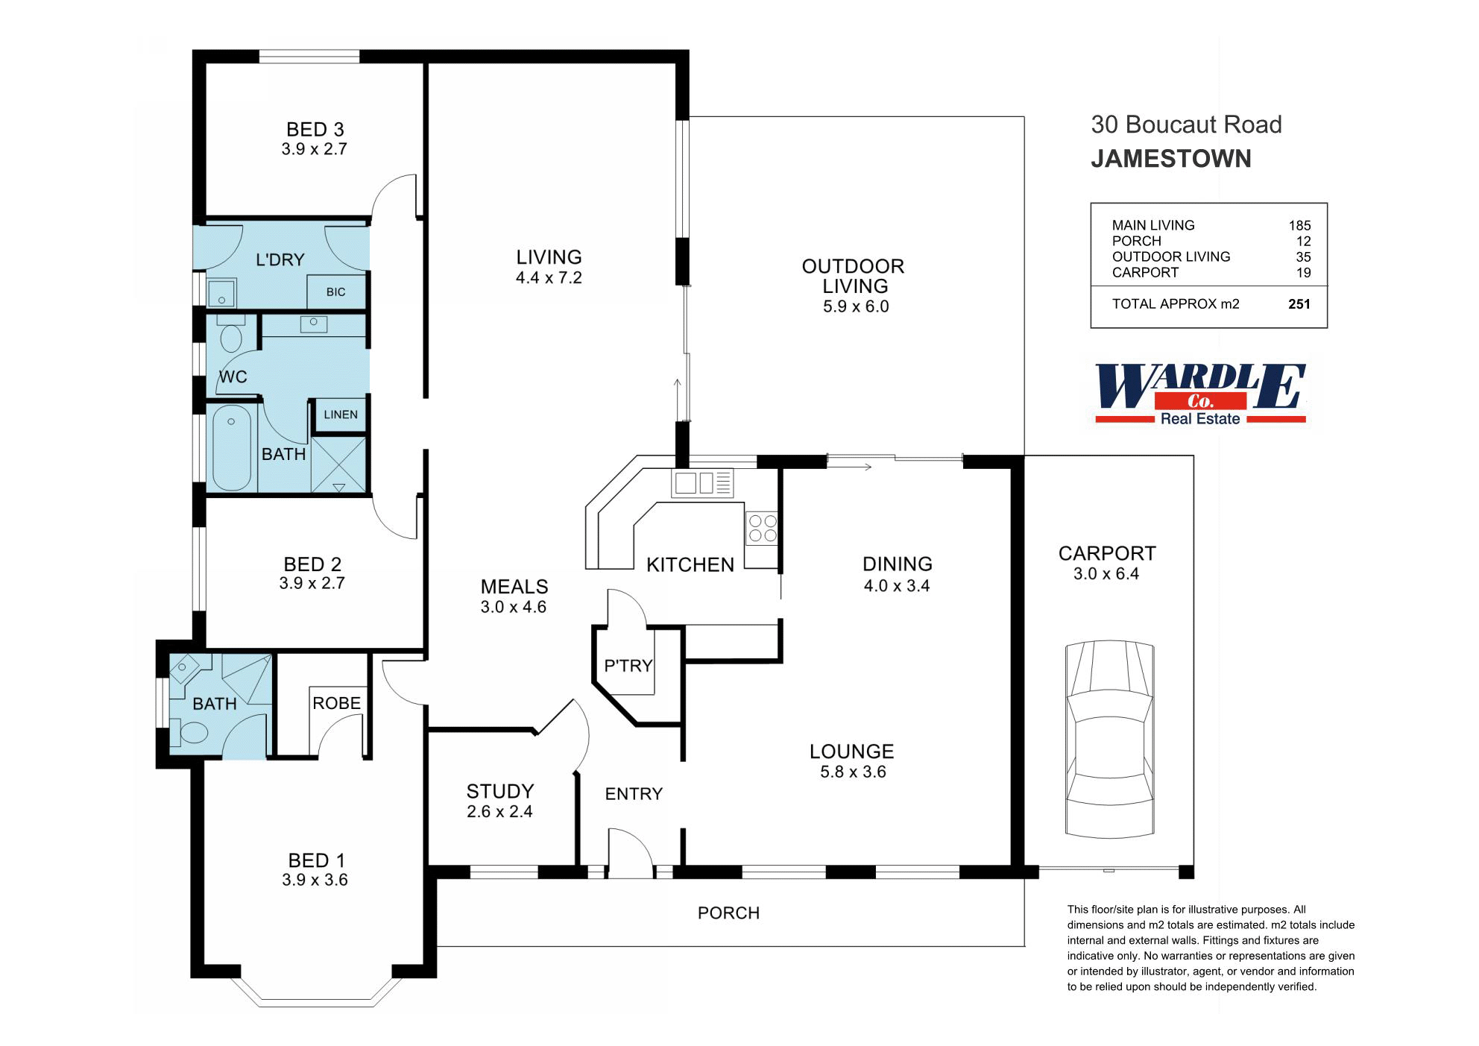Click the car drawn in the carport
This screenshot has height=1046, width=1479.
click(x=1110, y=740)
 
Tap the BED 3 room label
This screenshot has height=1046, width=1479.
click(x=315, y=130)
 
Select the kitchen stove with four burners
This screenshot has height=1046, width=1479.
click(x=762, y=529)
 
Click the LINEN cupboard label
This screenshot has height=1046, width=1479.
click(x=341, y=415)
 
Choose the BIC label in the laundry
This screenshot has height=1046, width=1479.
click(x=335, y=292)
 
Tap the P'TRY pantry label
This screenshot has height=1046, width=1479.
click(x=628, y=666)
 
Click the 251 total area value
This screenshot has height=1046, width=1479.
click(x=1299, y=304)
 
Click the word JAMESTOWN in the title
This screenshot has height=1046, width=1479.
click(x=1170, y=159)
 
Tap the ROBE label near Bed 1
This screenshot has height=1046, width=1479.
click(x=336, y=703)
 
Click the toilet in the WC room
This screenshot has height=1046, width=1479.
click(x=232, y=336)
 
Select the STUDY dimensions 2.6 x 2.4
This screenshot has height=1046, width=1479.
click(x=499, y=812)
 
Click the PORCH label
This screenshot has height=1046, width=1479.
click(x=728, y=913)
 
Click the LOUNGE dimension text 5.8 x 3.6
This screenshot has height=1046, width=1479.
click(x=853, y=772)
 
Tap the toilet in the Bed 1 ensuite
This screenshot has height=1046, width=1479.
click(x=194, y=732)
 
